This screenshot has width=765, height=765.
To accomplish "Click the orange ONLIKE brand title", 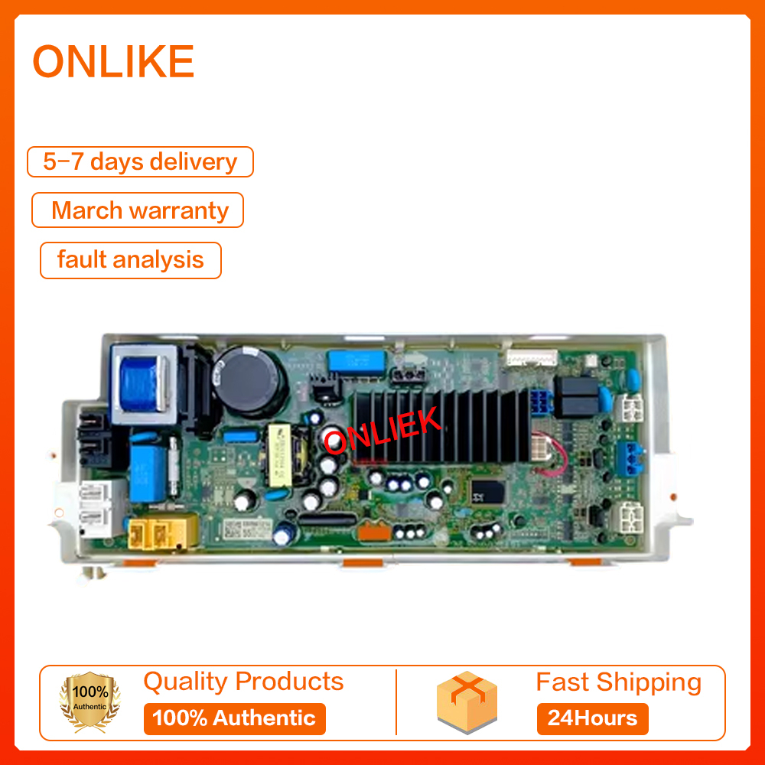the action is (113, 62).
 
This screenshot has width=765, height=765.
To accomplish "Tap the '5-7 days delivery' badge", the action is (140, 162).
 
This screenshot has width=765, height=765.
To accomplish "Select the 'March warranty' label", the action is (138, 210).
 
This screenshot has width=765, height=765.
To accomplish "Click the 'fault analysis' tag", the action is (130, 260).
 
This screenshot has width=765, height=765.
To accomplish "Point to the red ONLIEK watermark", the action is (382, 431).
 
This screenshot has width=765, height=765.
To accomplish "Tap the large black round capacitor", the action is (249, 381).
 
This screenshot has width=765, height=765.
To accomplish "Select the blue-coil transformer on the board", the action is (141, 379).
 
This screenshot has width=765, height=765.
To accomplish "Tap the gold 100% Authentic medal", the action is (90, 703).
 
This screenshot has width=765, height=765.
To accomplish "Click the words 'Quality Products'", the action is (243, 682).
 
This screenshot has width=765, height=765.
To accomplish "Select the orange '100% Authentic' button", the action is (234, 718).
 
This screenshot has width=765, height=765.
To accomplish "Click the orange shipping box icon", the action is (466, 703).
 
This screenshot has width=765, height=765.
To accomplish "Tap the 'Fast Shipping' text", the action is (618, 682).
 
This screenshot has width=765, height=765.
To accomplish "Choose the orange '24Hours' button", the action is (592, 719).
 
